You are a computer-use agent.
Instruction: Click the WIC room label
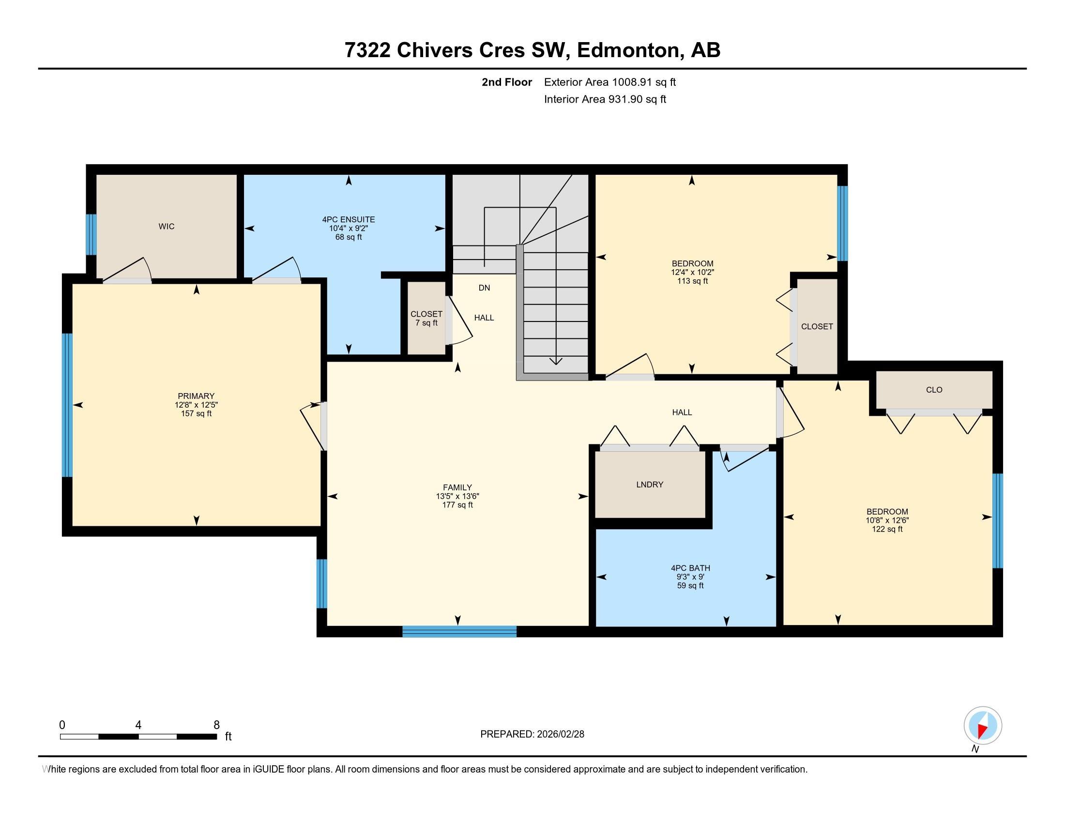pos(166,227)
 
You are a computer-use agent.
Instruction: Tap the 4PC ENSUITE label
pos(348,220)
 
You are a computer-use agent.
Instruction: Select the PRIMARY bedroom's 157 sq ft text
pos(196,414)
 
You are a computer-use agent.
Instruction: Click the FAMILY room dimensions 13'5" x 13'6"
pos(457,496)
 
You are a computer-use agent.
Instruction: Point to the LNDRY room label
pos(650,485)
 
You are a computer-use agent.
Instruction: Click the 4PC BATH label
pos(690,568)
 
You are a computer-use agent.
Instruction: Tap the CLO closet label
pos(934,390)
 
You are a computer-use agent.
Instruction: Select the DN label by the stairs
pos(484,288)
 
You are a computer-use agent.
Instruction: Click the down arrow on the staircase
pos(555,361)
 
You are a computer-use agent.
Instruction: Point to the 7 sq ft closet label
pos(426,323)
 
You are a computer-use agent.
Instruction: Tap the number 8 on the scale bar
pos(216,725)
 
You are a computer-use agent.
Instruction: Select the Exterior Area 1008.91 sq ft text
pos(609,82)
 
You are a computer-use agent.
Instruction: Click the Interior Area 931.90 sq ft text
pos(605,99)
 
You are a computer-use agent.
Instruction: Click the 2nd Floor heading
pos(506,82)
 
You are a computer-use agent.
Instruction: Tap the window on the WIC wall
pos(91,234)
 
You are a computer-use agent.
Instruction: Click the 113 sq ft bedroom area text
pos(692,281)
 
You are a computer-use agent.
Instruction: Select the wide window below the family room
pos(459,632)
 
